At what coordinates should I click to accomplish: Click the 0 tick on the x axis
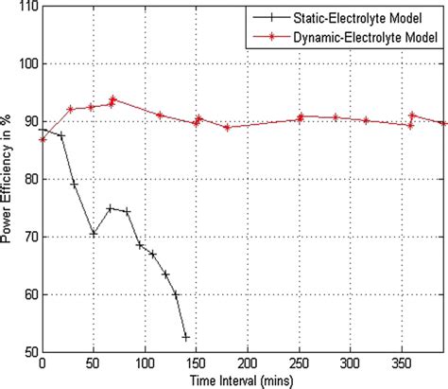pyautogui.click(x=42, y=363)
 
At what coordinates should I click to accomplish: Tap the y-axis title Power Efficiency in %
pyautogui.click(x=9, y=179)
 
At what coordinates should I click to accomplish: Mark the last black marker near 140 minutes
pyautogui.click(x=186, y=337)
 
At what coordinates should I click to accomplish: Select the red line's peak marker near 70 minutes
pyautogui.click(x=112, y=98)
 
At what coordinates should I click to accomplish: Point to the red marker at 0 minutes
pyautogui.click(x=43, y=139)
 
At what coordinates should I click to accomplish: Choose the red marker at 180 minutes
pyautogui.click(x=227, y=127)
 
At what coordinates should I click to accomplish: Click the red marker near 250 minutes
pyautogui.click(x=300, y=116)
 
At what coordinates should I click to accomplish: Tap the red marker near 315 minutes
pyautogui.click(x=366, y=120)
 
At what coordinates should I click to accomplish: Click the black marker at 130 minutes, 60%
pyautogui.click(x=176, y=294)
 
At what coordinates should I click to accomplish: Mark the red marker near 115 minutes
pyautogui.click(x=160, y=115)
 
